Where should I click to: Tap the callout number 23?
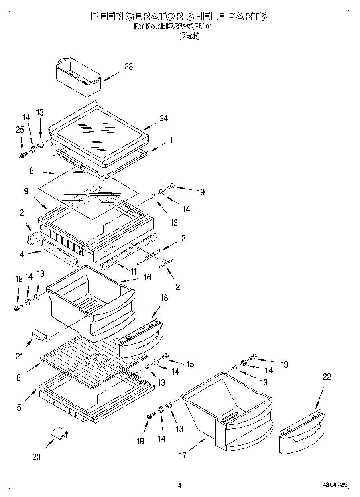(x=128, y=67)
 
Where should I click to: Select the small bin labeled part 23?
(x=77, y=77)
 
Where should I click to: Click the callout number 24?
(x=163, y=118)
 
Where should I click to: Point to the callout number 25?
(x=20, y=130)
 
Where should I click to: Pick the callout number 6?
(x=31, y=170)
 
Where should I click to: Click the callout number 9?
(x=26, y=192)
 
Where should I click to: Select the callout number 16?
(x=147, y=277)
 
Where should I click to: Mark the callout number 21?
(x=20, y=356)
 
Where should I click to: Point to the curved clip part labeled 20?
(x=59, y=434)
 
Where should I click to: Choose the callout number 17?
(x=183, y=455)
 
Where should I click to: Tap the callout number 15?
(x=190, y=364)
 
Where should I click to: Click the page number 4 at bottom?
(x=179, y=485)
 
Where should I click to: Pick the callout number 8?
(x=19, y=377)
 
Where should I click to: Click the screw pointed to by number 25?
(x=22, y=154)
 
